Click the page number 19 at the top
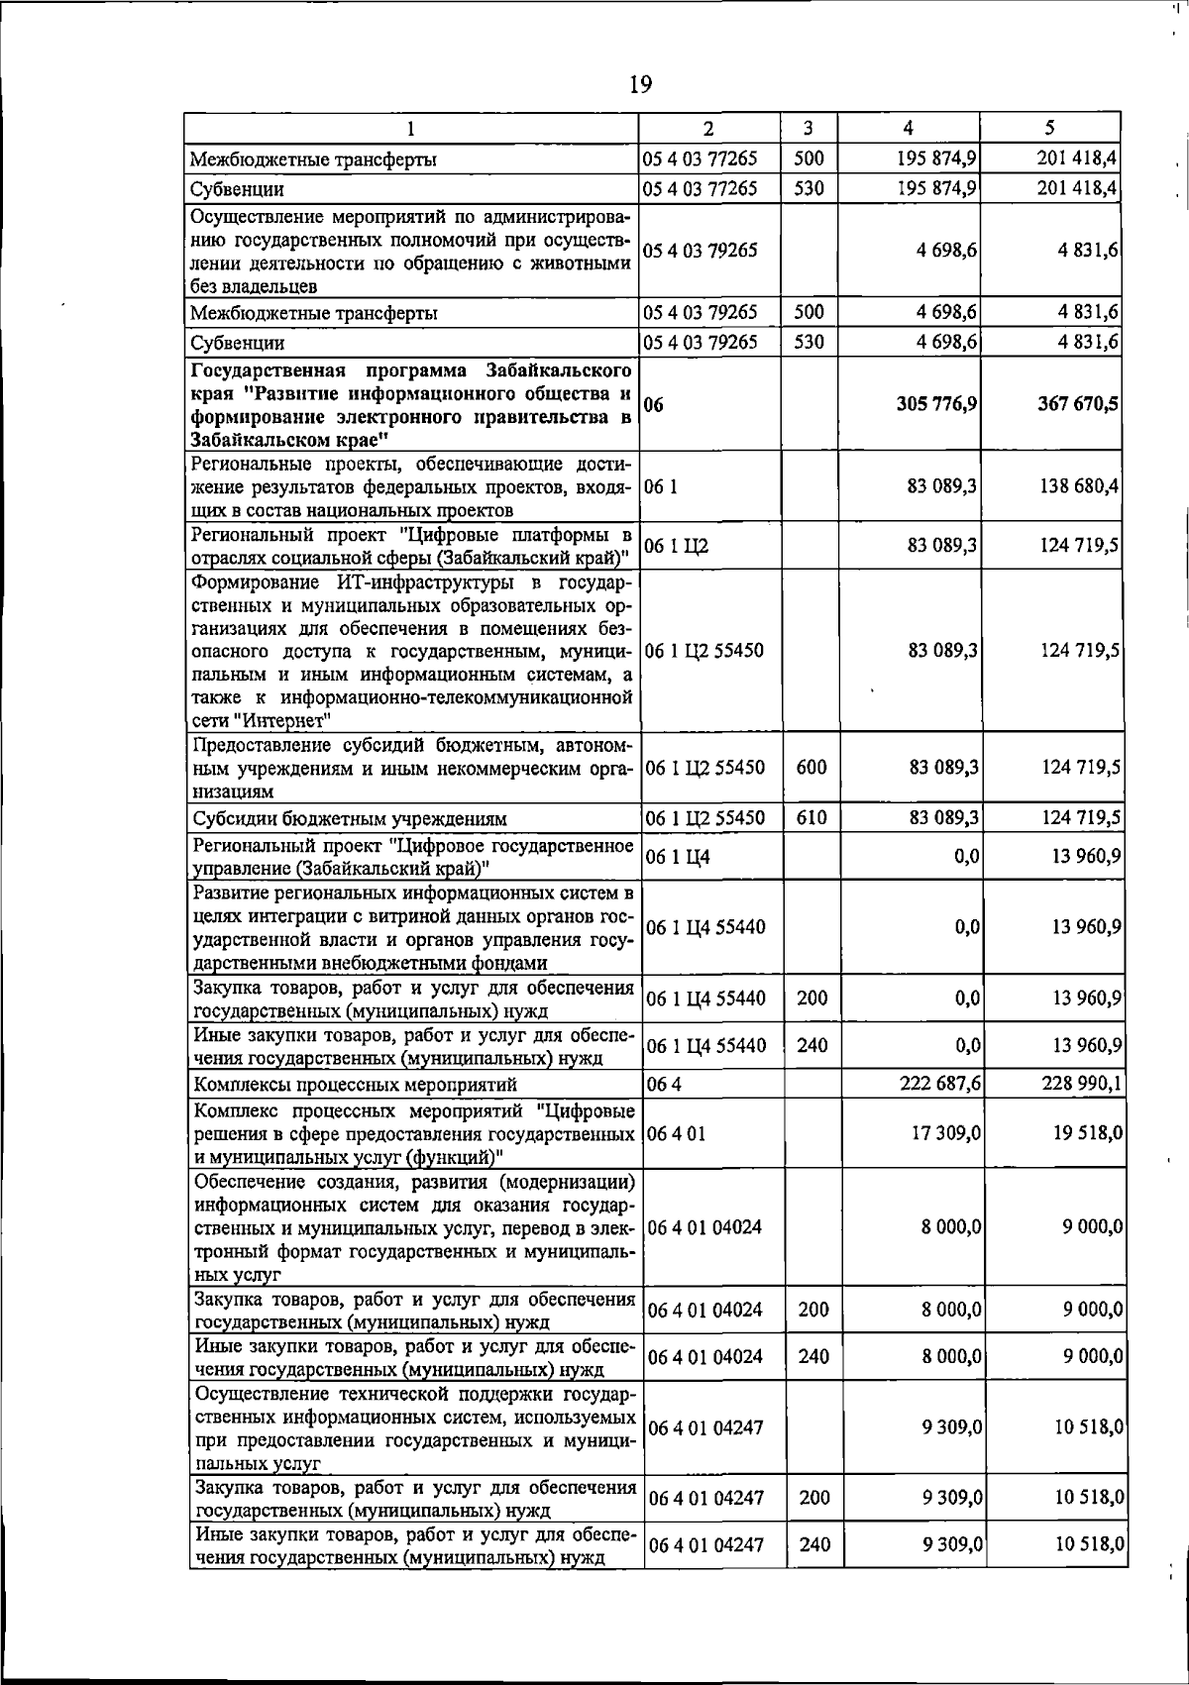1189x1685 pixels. [640, 84]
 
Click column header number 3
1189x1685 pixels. [809, 128]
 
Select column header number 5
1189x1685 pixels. [1048, 128]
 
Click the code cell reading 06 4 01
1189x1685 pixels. [676, 1132]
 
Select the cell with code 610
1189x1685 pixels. [811, 818]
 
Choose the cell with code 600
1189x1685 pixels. [811, 767]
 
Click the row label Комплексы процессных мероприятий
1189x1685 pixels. [355, 1085]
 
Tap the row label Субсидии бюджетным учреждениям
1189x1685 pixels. [350, 819]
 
